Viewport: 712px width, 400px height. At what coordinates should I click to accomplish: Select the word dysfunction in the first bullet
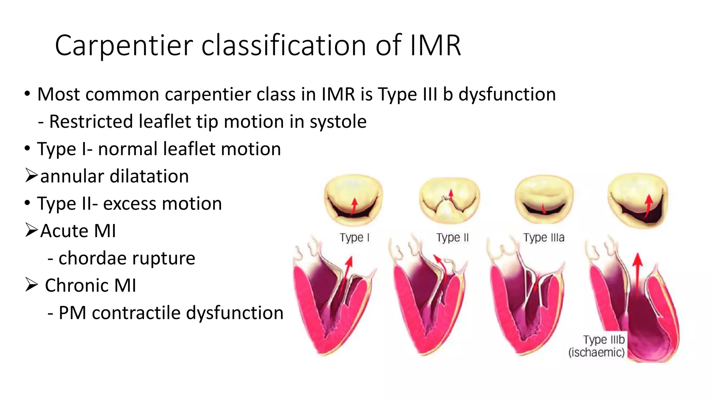[507, 94]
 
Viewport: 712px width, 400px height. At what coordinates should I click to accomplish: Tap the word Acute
[64, 231]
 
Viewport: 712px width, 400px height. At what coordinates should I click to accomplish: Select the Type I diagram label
[354, 237]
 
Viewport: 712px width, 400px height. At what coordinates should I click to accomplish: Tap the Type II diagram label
[452, 237]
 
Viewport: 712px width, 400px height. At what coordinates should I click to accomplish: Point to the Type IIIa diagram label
[544, 237]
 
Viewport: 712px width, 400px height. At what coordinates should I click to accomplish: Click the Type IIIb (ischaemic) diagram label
[597, 346]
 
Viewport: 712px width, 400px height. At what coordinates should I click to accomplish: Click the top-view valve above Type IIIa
[544, 200]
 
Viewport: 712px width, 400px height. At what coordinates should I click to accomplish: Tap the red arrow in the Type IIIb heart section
[637, 274]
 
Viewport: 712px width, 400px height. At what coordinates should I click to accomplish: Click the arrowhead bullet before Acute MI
[31, 230]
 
